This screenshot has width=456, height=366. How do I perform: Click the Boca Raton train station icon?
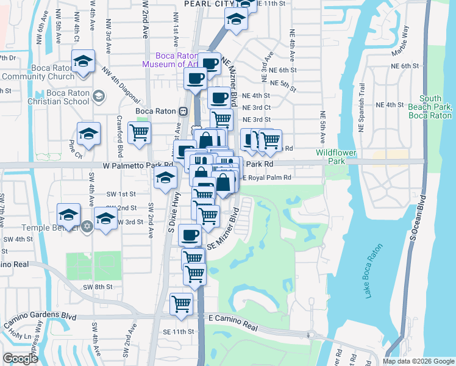click(x=182, y=111)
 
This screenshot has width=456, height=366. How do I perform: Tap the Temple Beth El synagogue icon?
click(x=87, y=226)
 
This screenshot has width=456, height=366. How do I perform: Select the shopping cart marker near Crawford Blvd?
click(x=140, y=132)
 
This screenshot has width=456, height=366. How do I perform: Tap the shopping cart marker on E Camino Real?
click(x=182, y=303)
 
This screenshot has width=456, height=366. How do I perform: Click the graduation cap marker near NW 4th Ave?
click(x=83, y=61)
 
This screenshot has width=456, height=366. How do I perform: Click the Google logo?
click(x=21, y=359)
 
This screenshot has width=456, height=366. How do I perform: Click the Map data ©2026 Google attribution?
click(x=418, y=361)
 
